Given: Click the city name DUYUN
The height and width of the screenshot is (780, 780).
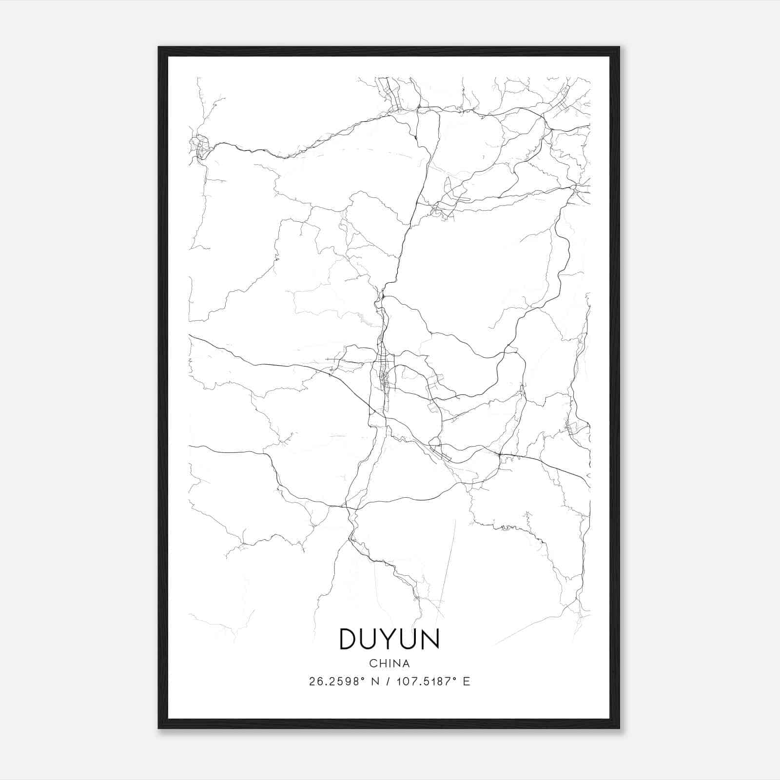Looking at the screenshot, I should click(389, 639).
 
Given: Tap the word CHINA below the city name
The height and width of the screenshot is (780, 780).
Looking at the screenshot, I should click(390, 663).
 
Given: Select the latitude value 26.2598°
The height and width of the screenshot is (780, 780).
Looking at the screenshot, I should click(337, 682).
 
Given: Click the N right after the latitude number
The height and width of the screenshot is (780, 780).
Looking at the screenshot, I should click(376, 682).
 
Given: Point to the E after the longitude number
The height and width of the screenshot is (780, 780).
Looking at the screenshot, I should click(467, 682).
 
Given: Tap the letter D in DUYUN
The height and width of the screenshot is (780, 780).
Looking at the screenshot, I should click(349, 639).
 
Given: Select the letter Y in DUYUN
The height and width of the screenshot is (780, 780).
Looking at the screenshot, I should click(390, 639).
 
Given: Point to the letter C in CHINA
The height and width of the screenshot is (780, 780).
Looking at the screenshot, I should click(373, 663).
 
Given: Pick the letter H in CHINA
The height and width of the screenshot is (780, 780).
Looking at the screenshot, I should click(382, 663).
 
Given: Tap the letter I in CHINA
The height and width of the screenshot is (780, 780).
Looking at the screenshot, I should click(389, 663).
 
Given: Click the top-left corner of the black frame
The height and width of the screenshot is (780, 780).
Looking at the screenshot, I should click(159, 48).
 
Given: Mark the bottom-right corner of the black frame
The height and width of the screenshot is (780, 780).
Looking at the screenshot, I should click(619, 728).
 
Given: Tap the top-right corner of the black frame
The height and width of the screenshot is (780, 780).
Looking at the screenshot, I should click(619, 48).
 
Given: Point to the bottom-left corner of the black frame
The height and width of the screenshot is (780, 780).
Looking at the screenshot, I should click(159, 728).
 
